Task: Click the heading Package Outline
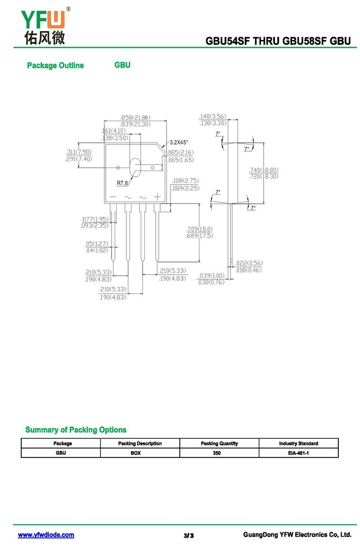pos(55,66)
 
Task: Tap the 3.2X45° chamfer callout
pos(179,142)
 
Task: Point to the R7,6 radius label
pos(122,183)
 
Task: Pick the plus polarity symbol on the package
pos(157,197)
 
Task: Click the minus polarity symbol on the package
pos(112,197)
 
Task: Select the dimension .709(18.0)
pos(199,229)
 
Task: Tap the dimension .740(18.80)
pos(264,170)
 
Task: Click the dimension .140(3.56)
pos(212,116)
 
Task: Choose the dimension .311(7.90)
pos(79,152)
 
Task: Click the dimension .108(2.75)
pos(185,181)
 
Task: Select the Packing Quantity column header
pos(219,443)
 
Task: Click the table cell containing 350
pos(219,453)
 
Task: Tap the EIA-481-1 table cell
pos(298,453)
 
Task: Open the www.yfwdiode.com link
pos(46,535)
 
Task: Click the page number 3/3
pos(189,536)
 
